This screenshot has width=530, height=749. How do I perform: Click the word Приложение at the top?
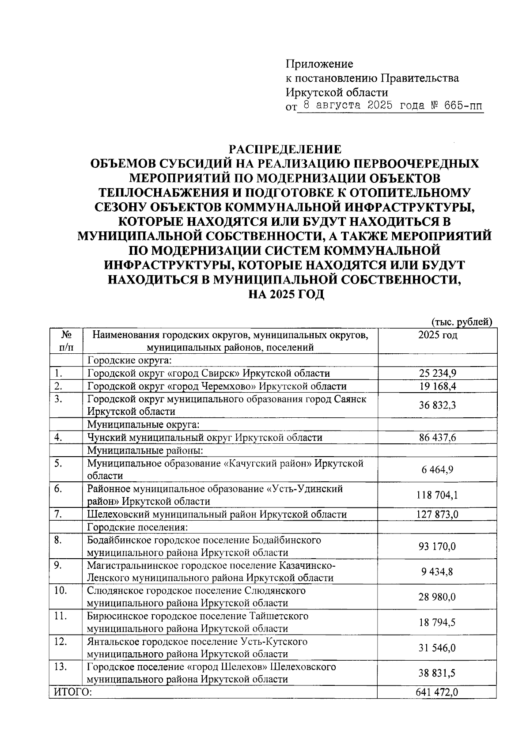(319, 64)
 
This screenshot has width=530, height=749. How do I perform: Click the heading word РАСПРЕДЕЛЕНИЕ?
(284, 149)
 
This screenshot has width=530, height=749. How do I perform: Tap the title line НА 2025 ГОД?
(284, 294)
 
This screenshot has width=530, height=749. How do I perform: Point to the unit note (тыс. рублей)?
(461, 322)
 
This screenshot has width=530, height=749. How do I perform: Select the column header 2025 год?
(437, 335)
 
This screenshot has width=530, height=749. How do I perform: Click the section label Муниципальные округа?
(144, 425)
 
